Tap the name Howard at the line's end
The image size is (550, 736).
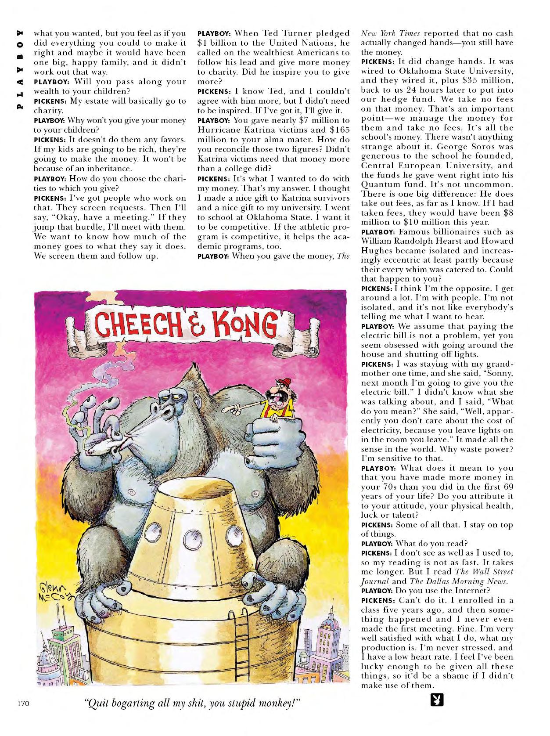498,241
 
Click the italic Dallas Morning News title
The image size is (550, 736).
475,581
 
